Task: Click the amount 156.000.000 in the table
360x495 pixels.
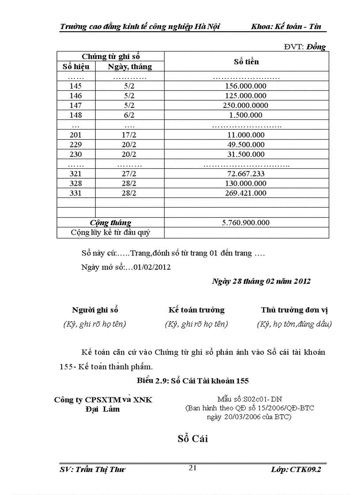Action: coord(245,86)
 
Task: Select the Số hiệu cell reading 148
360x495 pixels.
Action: coord(76,115)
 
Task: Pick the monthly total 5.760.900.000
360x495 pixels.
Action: coord(245,223)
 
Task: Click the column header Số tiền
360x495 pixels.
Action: coord(246,62)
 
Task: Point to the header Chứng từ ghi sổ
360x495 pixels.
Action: coord(111,56)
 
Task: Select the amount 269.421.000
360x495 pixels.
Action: coord(245,193)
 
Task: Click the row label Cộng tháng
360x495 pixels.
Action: coord(111,223)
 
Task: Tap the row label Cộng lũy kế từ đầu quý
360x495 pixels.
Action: coord(111,232)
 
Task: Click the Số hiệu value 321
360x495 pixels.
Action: coord(76,174)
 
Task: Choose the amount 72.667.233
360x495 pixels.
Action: coord(245,174)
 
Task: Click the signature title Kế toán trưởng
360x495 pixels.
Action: coord(196,310)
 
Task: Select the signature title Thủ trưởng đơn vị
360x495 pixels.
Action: coord(294,310)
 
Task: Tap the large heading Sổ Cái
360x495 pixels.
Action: coord(193,439)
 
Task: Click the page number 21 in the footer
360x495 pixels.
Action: coord(192,468)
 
